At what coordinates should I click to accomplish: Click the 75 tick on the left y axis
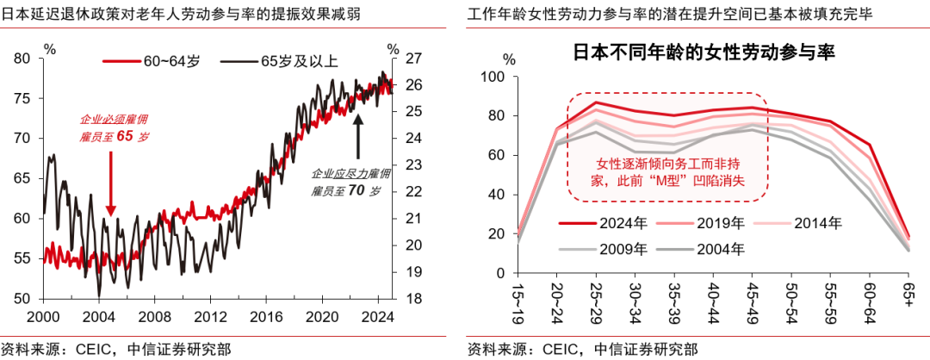(x=22, y=98)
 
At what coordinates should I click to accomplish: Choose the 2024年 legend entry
(x=610, y=223)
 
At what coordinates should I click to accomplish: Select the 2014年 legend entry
(x=803, y=223)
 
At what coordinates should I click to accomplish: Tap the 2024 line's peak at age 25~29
(x=595, y=102)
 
